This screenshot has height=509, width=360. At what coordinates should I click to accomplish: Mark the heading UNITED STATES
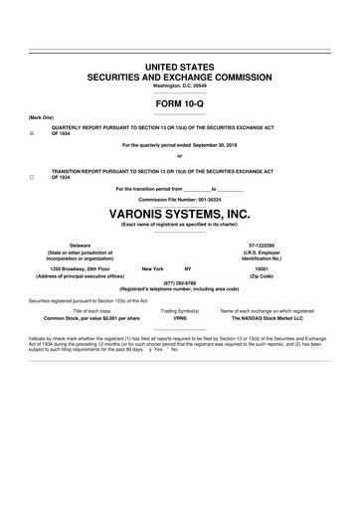click(180, 67)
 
